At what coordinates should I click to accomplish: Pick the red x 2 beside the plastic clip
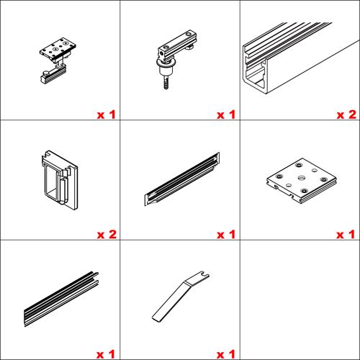[x=106, y=235]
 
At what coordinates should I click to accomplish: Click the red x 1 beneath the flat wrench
[x=226, y=354]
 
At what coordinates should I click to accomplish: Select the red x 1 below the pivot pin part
[x=226, y=114]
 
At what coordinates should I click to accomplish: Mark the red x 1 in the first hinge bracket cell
[x=106, y=114]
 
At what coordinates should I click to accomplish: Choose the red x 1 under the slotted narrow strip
[x=226, y=235]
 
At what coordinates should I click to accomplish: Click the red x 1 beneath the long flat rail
[x=106, y=354]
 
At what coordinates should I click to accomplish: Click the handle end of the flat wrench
[x=162, y=310]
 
